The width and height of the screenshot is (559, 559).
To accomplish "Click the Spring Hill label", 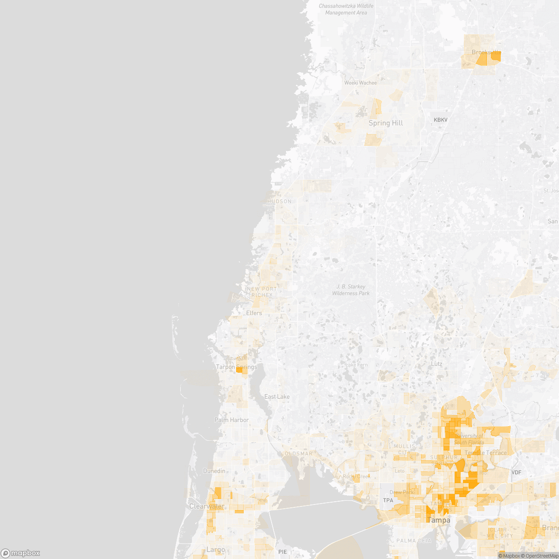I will coord(386,123).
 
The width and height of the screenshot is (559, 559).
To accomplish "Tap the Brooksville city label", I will coord(485,52).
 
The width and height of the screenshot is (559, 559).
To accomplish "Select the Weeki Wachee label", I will coord(360,83).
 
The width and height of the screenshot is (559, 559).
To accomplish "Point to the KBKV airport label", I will coord(440,120).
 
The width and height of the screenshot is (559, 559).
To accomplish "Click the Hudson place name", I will coord(280,201).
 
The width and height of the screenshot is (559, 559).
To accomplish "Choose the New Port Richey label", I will coord(262,292).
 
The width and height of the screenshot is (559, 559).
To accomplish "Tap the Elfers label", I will coord(254,313).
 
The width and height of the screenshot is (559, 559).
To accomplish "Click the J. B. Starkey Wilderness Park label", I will coord(351,290).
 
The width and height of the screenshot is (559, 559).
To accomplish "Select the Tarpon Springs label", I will coord(236,367).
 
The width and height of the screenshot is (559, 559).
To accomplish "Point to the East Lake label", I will coord(277,397).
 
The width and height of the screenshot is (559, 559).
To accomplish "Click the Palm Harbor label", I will coord(232,420).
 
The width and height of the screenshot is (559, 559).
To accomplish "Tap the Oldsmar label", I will coord(299,454).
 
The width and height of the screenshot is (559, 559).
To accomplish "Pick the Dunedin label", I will coord(214,471).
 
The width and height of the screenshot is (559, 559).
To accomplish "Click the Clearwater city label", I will coord(206,506).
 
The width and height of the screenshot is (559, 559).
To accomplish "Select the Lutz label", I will coord(436,364).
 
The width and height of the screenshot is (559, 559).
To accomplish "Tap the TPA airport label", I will coord(388,500).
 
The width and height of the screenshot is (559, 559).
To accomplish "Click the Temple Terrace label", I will coord(485,453).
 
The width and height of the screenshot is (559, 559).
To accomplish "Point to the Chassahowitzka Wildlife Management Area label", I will coord(346,9).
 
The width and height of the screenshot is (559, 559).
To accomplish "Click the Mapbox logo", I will coord(20,553).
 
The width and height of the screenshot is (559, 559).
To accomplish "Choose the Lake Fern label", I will coord(356,365).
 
